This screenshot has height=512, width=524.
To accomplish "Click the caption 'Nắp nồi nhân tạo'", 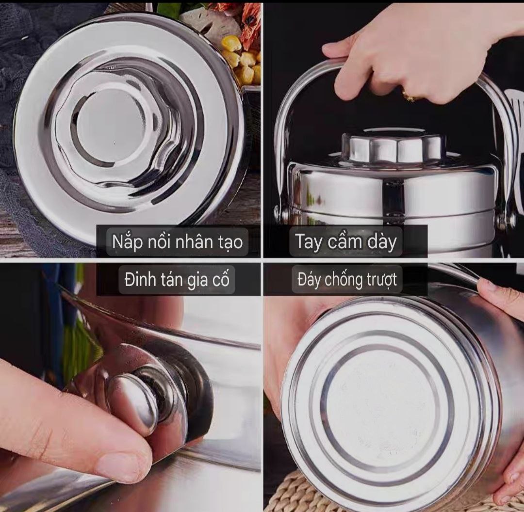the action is pos(177,241).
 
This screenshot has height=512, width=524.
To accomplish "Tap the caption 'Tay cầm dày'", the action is pos(346,241).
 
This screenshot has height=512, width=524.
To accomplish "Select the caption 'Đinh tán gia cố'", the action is pos(177,280).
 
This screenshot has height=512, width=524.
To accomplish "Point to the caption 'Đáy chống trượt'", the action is pos(347,280).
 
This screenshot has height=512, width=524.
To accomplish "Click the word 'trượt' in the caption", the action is pos(381,280).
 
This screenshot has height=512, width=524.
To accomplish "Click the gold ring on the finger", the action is pos(409,96).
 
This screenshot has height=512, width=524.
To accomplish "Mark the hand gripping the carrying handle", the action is pos(421,50).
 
